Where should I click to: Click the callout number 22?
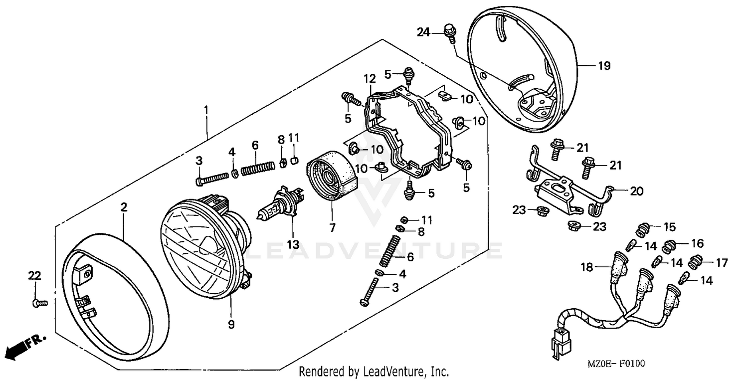(34, 276)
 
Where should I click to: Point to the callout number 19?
(604, 66)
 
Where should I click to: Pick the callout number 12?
(369, 78)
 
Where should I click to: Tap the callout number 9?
(231, 324)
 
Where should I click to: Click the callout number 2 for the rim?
(124, 207)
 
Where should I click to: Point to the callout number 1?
(206, 109)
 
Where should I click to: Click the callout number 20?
(637, 190)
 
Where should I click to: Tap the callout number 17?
(722, 263)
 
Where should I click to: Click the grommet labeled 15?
(644, 231)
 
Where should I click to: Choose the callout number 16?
(697, 243)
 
